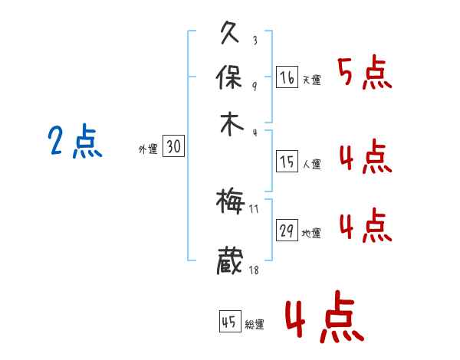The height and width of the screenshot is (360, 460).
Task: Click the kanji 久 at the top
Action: [x=230, y=34]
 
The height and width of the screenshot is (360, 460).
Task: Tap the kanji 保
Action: [x=230, y=77]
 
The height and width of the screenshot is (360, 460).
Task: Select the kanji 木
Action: [x=230, y=123]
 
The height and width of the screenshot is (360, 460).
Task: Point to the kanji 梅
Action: [x=230, y=201]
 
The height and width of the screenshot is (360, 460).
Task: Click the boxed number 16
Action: [x=287, y=77]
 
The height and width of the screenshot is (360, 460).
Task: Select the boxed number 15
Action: [x=287, y=162]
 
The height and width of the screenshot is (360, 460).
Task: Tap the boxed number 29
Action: [x=287, y=231]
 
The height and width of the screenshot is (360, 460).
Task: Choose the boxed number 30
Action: [x=173, y=147]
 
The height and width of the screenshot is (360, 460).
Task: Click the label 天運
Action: [x=311, y=80]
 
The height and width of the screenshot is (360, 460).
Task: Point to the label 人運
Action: [x=311, y=164]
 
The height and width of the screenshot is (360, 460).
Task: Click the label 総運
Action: [x=255, y=325]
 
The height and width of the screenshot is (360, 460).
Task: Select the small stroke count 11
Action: [x=255, y=209]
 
